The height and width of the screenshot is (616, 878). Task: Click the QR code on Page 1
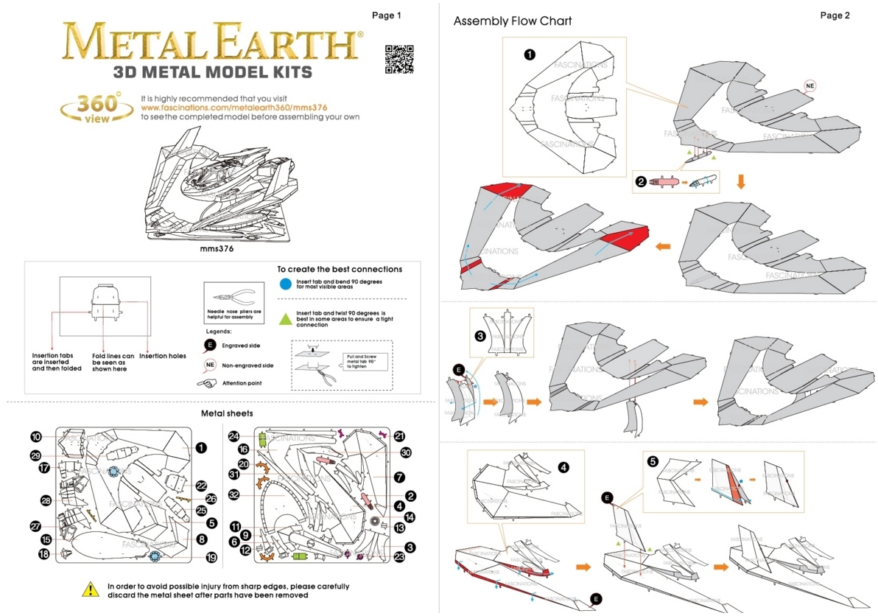[399, 60]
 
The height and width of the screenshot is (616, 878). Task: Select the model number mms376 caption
[217, 248]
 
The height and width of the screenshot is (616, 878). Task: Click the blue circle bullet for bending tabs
[285, 283]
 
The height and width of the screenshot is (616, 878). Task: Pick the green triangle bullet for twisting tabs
[285, 318]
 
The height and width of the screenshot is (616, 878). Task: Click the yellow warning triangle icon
[90, 589]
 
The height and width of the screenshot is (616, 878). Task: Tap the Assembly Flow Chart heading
[513, 21]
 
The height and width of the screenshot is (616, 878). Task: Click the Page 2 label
[835, 15]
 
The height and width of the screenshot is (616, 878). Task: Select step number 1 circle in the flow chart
[530, 54]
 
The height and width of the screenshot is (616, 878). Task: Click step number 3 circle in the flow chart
[480, 337]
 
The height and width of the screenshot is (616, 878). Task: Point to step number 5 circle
[653, 462]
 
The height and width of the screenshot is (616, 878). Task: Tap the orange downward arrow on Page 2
[741, 181]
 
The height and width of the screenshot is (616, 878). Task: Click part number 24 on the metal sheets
[234, 437]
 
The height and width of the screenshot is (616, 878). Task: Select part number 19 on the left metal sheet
[211, 558]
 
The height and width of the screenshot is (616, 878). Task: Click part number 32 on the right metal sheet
[234, 494]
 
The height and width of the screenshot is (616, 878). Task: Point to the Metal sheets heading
[227, 413]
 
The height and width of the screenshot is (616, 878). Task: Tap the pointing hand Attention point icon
[206, 383]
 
